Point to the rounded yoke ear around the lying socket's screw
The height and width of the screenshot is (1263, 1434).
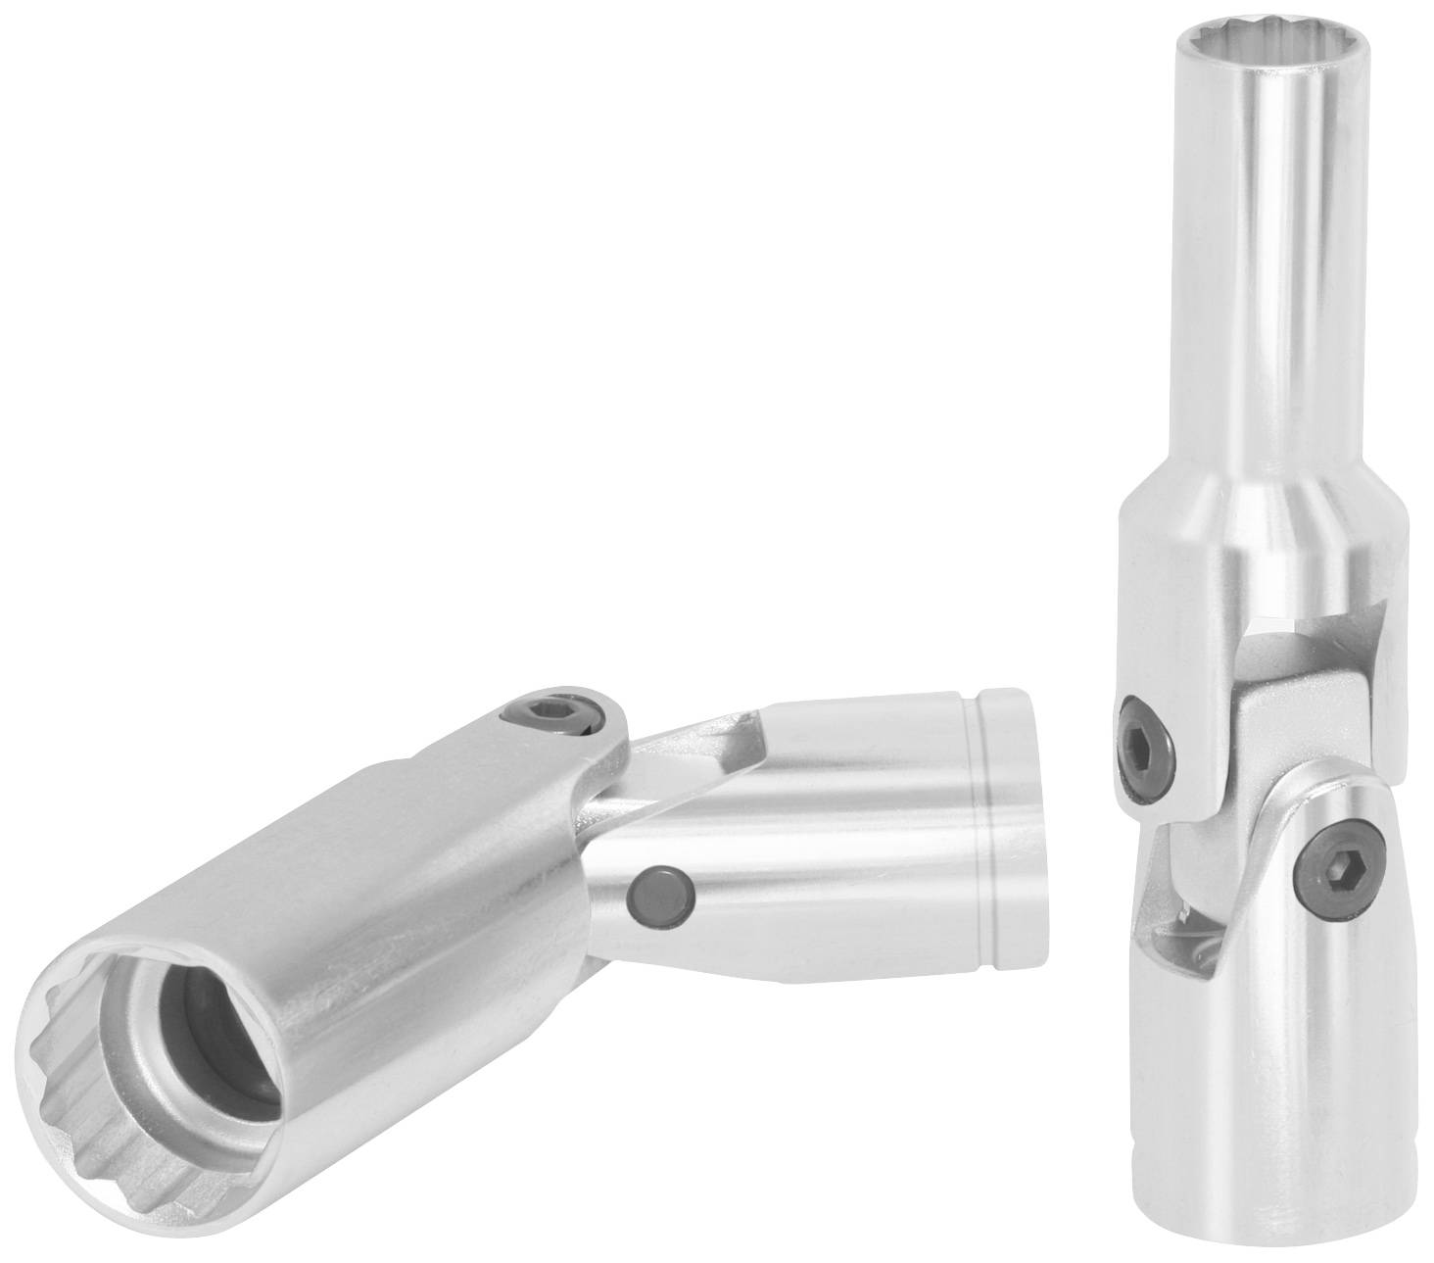coord(588,725)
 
